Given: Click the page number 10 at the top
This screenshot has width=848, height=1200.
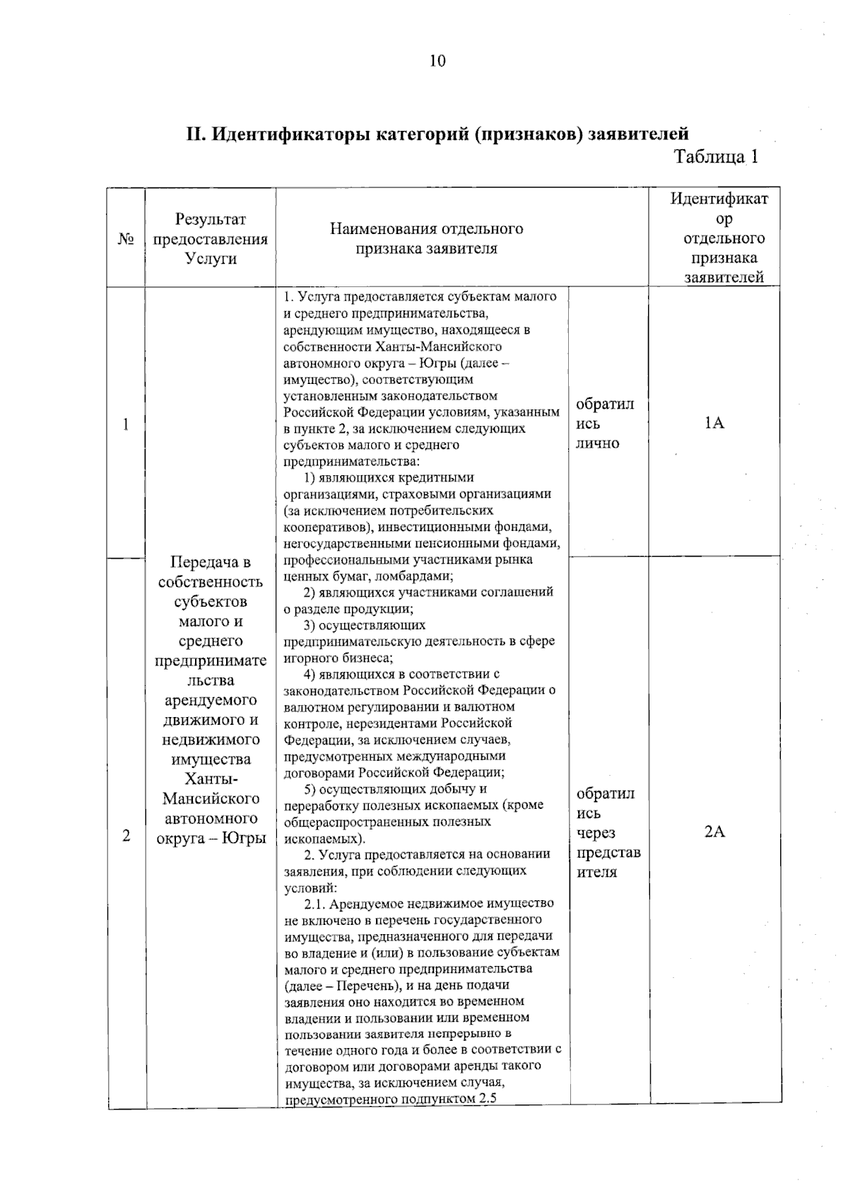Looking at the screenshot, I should pos(437,61).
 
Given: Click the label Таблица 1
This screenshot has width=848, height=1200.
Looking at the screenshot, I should pos(716,156).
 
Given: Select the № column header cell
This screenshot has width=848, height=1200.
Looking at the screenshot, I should pos(126,239).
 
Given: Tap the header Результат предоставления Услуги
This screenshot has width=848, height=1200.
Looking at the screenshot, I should pos(211,239).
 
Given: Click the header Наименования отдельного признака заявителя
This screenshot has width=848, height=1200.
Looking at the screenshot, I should pos(426,238).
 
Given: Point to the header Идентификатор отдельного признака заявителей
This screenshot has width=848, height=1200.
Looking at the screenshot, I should pos(718,238).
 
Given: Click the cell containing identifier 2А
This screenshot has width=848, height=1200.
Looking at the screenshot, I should pos(714,832).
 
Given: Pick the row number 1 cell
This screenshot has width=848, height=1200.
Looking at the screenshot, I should pos(126,424).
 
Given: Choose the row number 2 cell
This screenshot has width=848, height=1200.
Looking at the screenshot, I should pos(126,836).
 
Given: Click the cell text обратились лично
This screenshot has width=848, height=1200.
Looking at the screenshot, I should pos(604,424).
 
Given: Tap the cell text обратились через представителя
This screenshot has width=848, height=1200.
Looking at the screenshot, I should pos(607,832).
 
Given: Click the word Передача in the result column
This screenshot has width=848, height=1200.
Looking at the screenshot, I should pos(211,562).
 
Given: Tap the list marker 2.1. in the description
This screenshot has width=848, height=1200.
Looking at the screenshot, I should pos(315,904).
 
